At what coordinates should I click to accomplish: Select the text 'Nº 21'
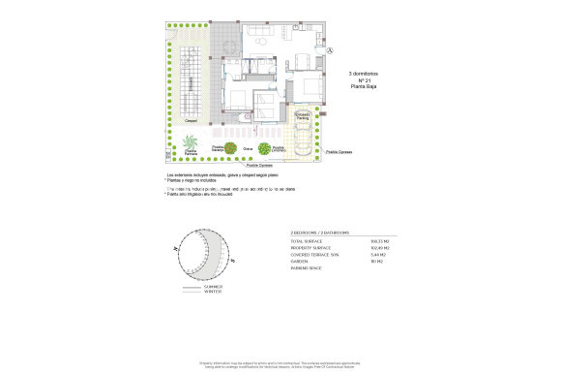(364, 78)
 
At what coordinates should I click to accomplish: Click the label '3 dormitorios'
(364, 71)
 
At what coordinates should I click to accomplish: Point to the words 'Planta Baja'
(364, 86)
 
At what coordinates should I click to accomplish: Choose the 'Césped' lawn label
(178, 121)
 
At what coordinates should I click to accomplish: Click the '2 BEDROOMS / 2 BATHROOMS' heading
(322, 233)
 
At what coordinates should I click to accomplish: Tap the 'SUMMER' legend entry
(213, 287)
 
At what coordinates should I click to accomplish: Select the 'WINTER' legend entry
(213, 292)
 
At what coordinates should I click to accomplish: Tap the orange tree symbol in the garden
(230, 148)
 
